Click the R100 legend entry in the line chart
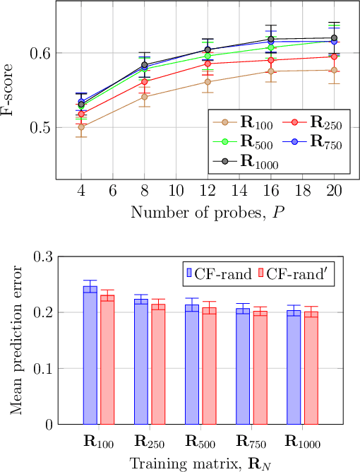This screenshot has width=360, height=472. (244, 124)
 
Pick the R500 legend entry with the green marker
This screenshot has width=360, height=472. (244, 143)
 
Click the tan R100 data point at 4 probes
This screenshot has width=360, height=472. (81, 127)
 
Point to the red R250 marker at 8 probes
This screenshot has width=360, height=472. (145, 83)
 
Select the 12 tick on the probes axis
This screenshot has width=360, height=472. (208, 191)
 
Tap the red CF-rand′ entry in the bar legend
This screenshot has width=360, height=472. (299, 272)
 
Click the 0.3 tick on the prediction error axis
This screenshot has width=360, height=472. (52, 256)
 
